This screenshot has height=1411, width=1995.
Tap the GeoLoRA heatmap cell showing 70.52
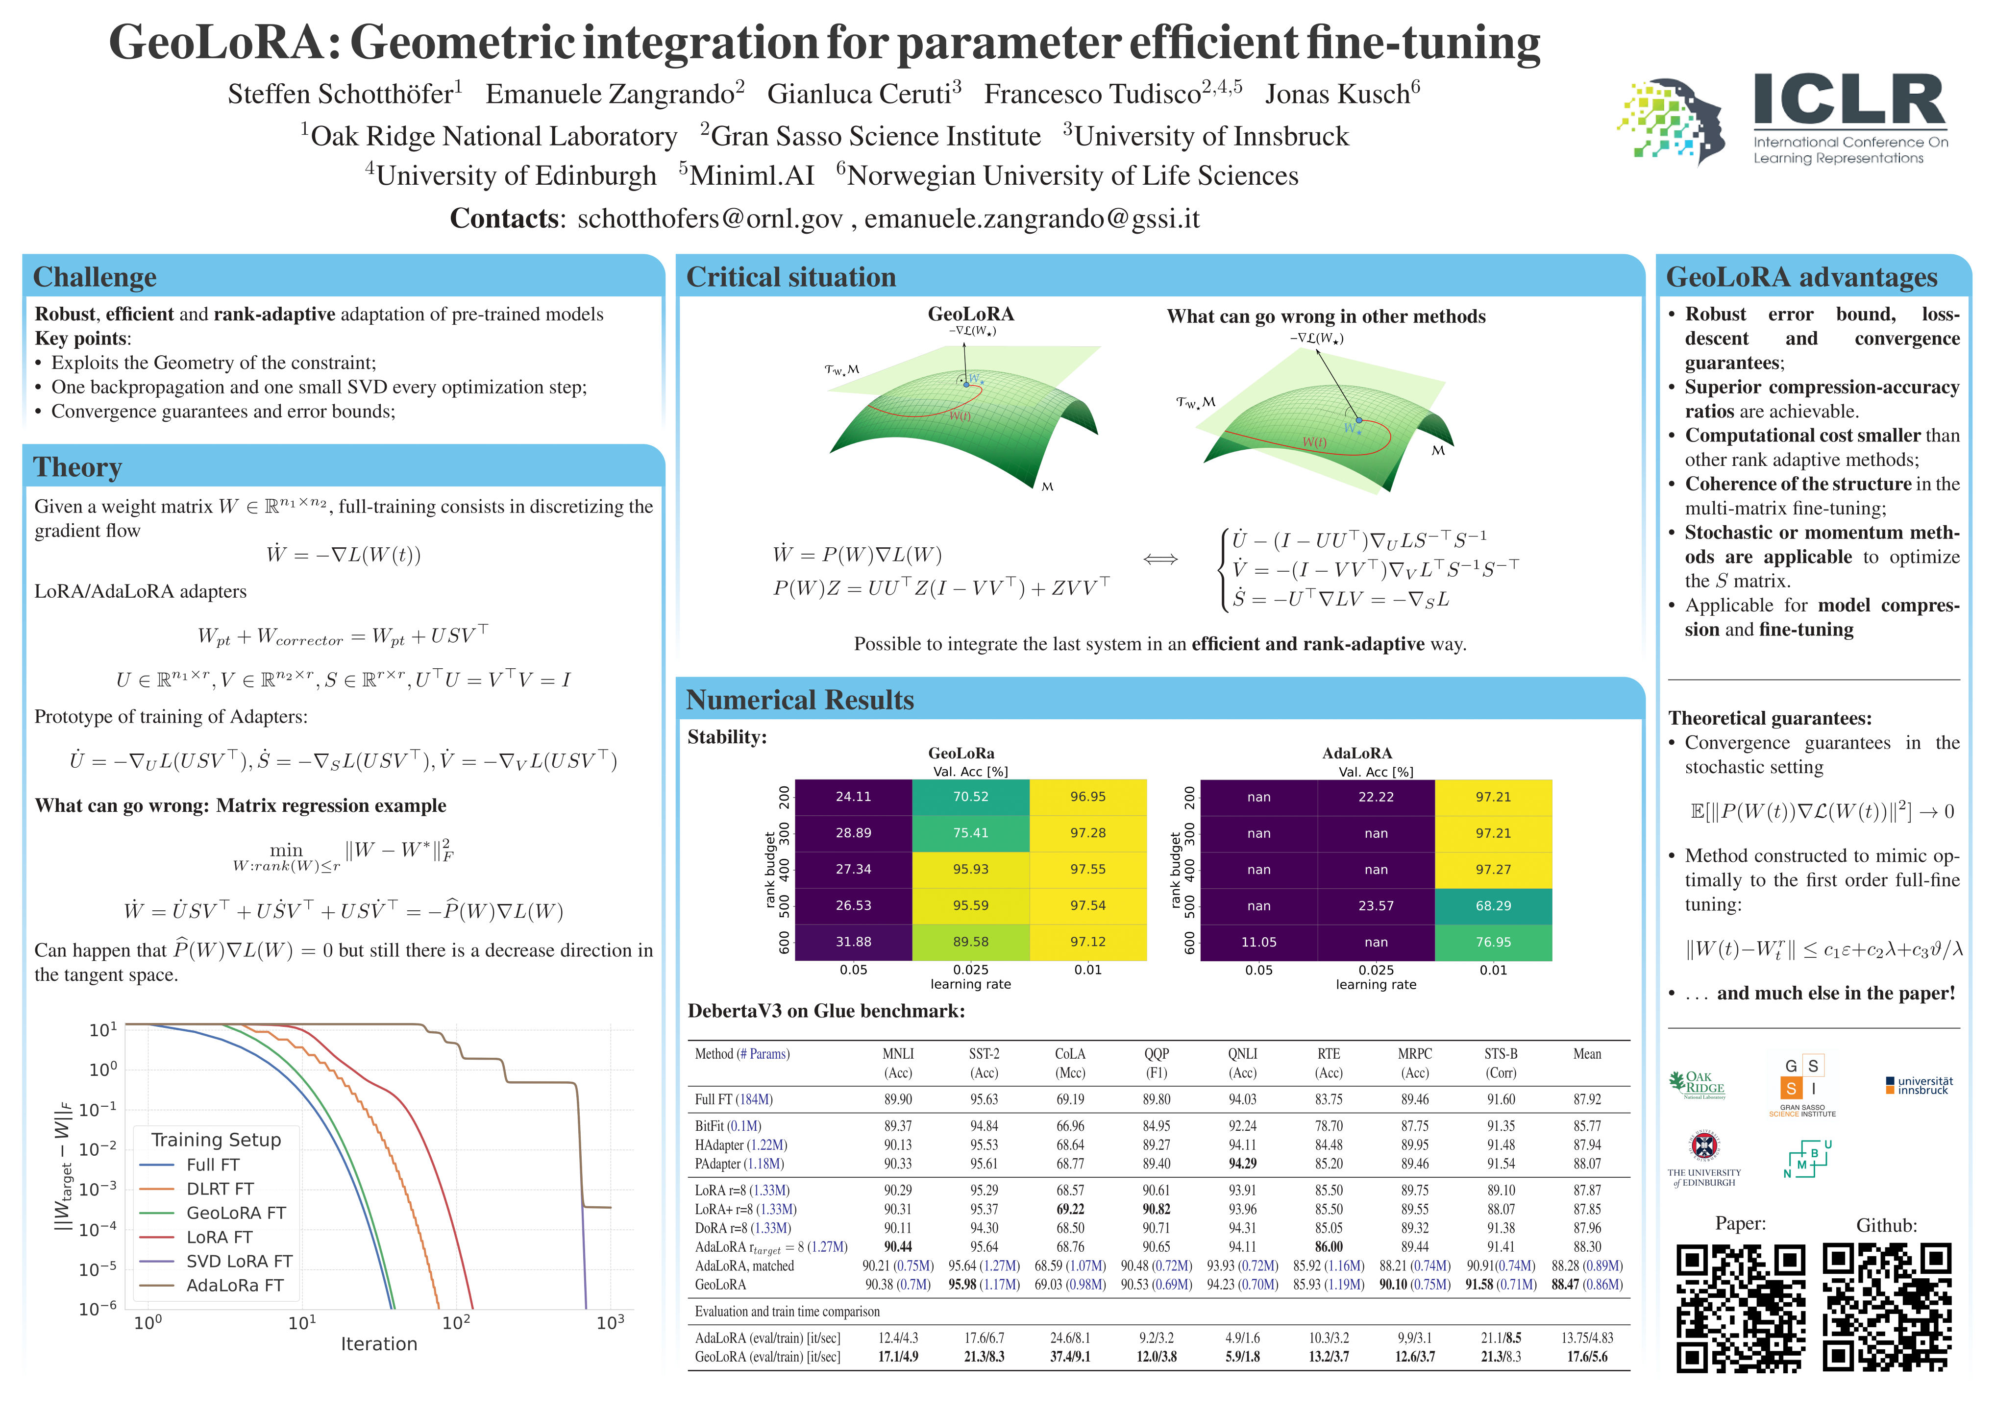pyautogui.click(x=971, y=797)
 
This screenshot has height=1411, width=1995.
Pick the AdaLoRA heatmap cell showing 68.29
pyautogui.click(x=1493, y=905)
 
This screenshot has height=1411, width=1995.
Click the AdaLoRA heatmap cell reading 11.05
pyautogui.click(x=1258, y=942)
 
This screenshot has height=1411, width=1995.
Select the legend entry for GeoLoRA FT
pyautogui.click(x=236, y=1213)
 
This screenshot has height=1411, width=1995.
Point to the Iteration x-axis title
pyautogui.click(x=379, y=1344)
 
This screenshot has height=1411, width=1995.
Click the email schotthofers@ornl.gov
pyautogui.click(x=710, y=219)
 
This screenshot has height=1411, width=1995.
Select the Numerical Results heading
pyautogui.click(x=799, y=700)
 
